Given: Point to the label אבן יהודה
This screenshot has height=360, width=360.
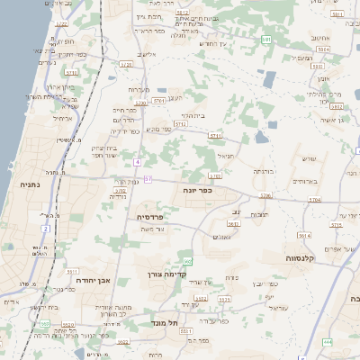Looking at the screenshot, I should tap(92, 279).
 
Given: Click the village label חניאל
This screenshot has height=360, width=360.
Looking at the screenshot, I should tap(225, 156).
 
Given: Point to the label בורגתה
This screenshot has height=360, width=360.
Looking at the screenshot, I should tap(263, 170).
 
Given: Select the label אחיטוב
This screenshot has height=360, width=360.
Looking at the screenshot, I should tap(322, 38).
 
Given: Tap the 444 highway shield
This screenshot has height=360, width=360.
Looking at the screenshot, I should tap(328, 342).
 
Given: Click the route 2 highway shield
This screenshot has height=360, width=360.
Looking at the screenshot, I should tap(44, 229).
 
